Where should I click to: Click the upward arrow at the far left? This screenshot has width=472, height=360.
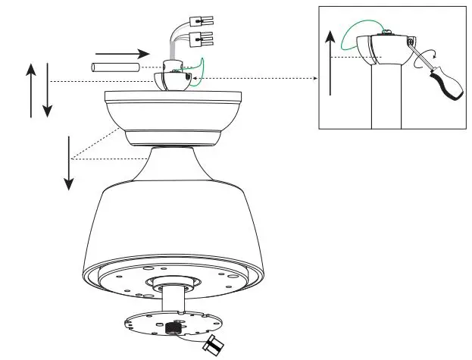31,90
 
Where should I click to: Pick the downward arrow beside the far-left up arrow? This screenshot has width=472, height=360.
48,90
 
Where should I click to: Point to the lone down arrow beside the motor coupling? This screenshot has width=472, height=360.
68,163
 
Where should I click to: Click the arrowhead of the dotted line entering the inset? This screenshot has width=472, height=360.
313,77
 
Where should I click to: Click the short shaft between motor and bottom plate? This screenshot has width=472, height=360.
173,299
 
